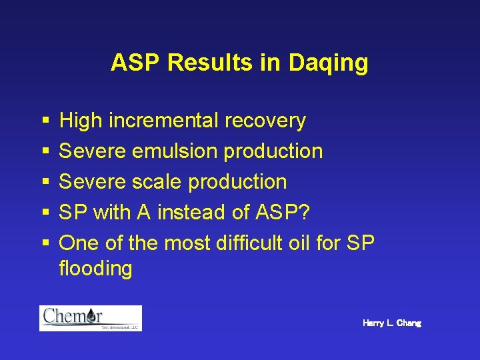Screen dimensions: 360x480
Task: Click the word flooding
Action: click(x=95, y=269)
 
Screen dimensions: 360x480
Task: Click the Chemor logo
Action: click(x=91, y=318)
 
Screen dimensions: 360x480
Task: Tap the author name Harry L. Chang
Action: click(x=392, y=323)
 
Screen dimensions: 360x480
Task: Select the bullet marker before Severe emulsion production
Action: click(x=45, y=152)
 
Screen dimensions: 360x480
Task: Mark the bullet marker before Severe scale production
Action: click(x=45, y=183)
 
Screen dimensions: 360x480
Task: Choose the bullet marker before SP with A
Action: click(x=45, y=213)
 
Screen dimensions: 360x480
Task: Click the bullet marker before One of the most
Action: click(x=45, y=243)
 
